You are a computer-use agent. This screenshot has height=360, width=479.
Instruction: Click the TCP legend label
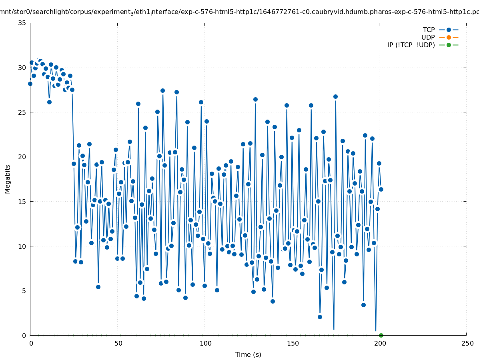click(429, 30)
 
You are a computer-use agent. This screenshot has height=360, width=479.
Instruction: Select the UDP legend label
click(428, 37)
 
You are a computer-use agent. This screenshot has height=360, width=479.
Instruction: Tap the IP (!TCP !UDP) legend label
click(411, 45)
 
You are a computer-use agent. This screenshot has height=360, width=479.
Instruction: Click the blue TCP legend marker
click(449, 30)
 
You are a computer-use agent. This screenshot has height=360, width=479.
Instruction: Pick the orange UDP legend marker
click(449, 37)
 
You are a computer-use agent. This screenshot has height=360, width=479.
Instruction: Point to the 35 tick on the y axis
click(22, 23)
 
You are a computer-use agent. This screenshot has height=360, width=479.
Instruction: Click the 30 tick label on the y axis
click(22, 68)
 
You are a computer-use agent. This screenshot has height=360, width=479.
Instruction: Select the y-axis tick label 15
click(22, 202)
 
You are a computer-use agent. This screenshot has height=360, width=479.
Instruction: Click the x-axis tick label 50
click(118, 344)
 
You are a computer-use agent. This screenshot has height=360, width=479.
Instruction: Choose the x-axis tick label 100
click(205, 344)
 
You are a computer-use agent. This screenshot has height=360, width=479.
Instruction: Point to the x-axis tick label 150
click(293, 344)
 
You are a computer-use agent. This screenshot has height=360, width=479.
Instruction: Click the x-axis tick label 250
click(467, 344)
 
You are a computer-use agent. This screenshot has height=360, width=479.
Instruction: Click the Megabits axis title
click(8, 179)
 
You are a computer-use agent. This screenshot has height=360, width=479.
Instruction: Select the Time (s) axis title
click(248, 354)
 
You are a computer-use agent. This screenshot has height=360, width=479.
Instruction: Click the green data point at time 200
click(381, 335)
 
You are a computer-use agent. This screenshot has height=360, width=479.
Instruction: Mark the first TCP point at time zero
click(30, 84)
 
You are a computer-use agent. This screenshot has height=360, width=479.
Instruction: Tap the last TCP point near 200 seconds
click(381, 189)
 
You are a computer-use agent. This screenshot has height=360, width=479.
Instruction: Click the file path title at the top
click(239, 12)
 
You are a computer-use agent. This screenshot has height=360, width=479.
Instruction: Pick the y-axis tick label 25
click(22, 112)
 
